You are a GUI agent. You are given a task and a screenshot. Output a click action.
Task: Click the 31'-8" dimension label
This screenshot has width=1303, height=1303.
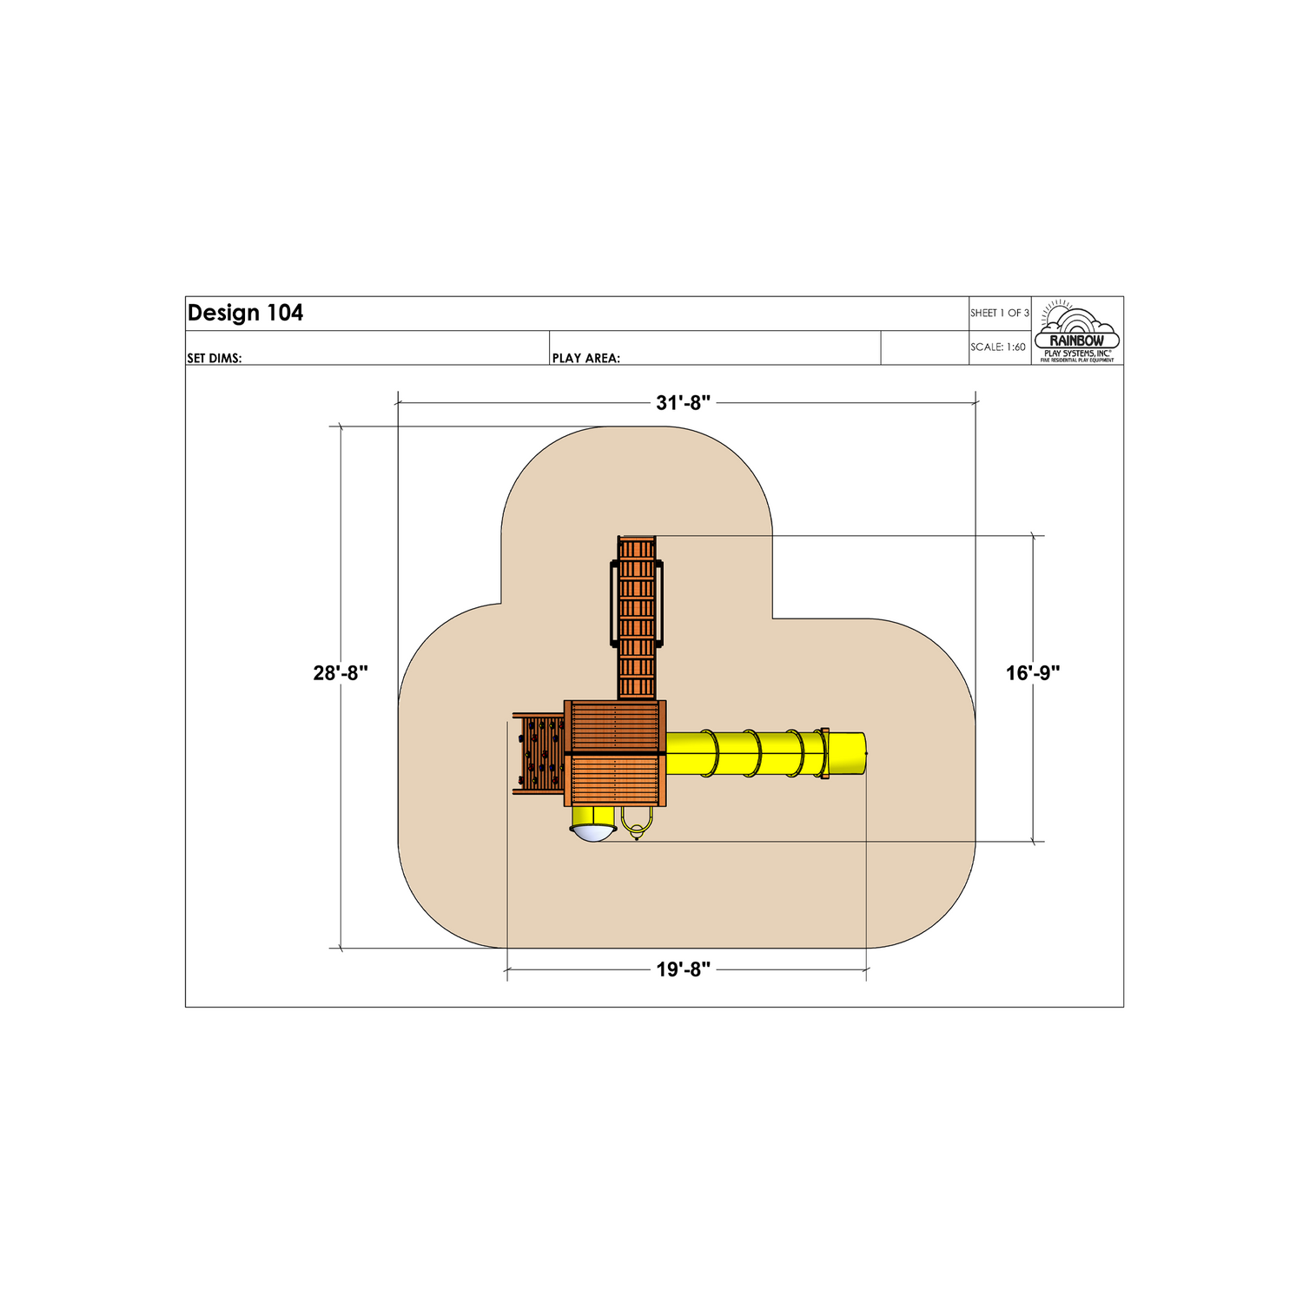684,403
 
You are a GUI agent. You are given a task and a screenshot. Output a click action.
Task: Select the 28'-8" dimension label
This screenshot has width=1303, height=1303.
341,673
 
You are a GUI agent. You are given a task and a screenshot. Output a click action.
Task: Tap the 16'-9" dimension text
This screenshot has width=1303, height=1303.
1033,673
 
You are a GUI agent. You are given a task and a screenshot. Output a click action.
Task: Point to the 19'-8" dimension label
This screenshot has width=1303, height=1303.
684,969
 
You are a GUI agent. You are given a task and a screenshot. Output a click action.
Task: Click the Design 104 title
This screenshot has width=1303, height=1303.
246,314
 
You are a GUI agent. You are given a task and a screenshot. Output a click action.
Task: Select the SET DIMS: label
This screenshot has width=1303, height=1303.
215,358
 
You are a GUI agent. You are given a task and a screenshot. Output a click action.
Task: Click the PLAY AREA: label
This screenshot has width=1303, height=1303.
586,358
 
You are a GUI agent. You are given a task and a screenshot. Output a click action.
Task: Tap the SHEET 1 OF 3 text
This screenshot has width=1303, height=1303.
1000,313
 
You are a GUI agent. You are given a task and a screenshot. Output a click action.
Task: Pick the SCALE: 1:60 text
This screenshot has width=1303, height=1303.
998,347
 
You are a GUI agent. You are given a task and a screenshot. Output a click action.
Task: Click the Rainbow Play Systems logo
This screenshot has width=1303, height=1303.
1077,331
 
